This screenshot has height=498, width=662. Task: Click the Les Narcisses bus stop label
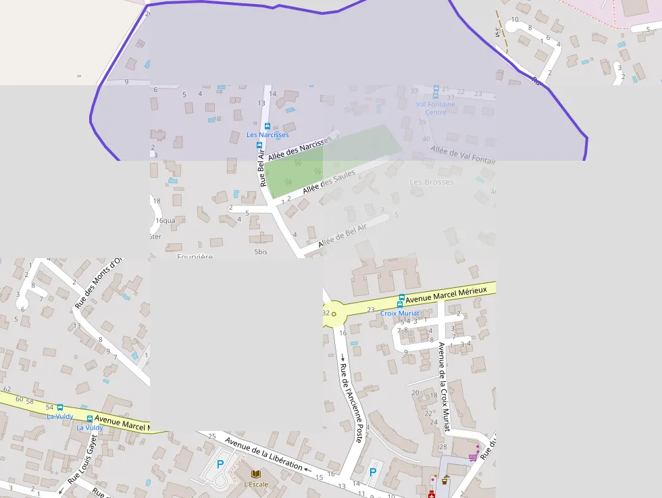(x=268, y=135)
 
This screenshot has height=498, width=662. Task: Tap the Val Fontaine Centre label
(x=436, y=108)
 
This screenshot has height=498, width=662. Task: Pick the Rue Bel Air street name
(x=261, y=168)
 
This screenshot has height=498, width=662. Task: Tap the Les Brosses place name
(x=432, y=182)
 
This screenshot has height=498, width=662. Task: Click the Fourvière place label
(x=195, y=257)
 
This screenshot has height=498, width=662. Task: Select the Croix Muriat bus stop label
(x=400, y=314)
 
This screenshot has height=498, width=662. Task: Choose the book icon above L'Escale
(x=256, y=474)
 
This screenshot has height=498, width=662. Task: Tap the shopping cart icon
(x=473, y=457)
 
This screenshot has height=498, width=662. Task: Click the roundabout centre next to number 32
(x=334, y=314)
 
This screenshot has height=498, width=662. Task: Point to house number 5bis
(x=261, y=251)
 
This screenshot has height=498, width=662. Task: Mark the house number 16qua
(x=165, y=220)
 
